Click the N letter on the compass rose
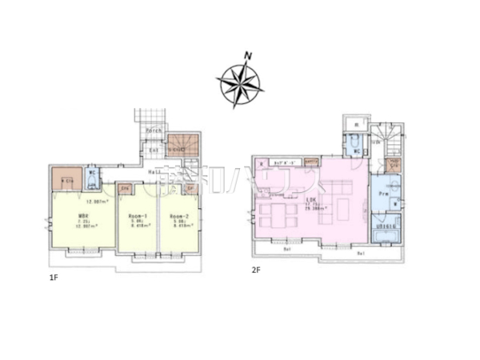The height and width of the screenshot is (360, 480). pyautogui.click(x=249, y=56)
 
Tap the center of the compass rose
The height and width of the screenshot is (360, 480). pyautogui.click(x=239, y=81)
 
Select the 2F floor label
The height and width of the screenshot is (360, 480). pyautogui.click(x=257, y=270)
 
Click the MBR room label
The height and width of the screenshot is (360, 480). pyautogui.click(x=82, y=216)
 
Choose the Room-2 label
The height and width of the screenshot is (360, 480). pyautogui.click(x=177, y=217)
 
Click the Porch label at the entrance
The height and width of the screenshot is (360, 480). pyautogui.click(x=154, y=130)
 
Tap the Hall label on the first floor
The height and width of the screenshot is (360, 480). pyautogui.click(x=151, y=172)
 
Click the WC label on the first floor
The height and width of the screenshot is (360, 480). pyautogui.click(x=92, y=172)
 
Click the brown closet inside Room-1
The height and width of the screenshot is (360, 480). pyautogui.click(x=124, y=189)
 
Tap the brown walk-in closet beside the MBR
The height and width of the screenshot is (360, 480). pyautogui.click(x=67, y=178)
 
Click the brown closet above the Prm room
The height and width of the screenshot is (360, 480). pyautogui.click(x=393, y=164)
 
